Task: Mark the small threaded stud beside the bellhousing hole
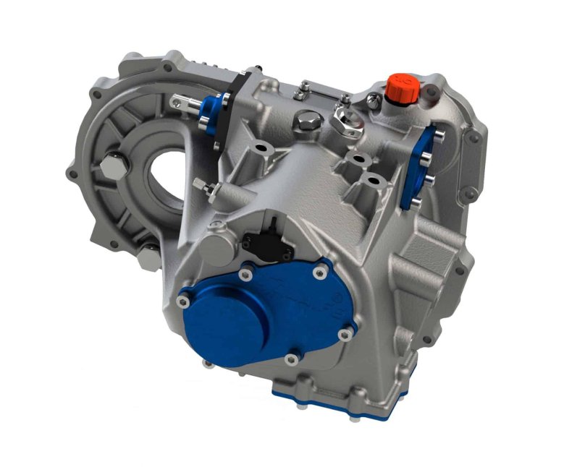207,187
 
